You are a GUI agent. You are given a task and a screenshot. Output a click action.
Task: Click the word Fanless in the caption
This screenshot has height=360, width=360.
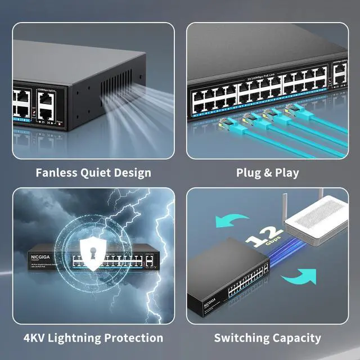coord(56,172)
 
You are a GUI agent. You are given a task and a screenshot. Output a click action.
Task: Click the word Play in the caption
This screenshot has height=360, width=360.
coord(286,172)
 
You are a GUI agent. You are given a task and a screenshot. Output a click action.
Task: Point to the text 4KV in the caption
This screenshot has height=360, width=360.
coord(37,338)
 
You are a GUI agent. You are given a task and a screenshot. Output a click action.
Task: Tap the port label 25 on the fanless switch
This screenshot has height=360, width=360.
coord(41,121)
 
